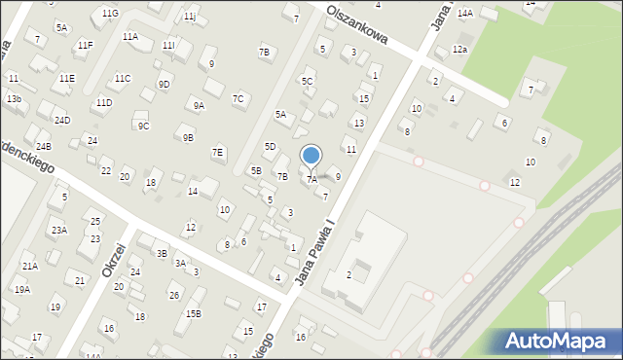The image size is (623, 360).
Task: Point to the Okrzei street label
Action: (115, 260)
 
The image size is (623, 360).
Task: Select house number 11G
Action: (110, 13)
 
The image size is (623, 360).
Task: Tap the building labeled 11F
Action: (85, 45)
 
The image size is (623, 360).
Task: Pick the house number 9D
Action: (164, 84)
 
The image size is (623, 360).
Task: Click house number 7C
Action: (238, 98)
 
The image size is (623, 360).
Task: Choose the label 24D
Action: (62, 121)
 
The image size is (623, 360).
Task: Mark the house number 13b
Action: (13, 99)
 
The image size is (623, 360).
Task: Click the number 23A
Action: (59, 231)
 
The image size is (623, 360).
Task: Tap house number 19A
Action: (21, 290)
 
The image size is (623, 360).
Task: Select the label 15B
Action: (194, 313)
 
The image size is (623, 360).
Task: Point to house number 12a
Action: (459, 50)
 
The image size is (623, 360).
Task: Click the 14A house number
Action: (465, 13)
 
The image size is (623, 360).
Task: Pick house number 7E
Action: (218, 152)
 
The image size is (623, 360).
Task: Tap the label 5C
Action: (307, 81)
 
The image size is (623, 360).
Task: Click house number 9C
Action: (143, 126)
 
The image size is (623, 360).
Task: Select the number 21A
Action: (30, 266)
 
